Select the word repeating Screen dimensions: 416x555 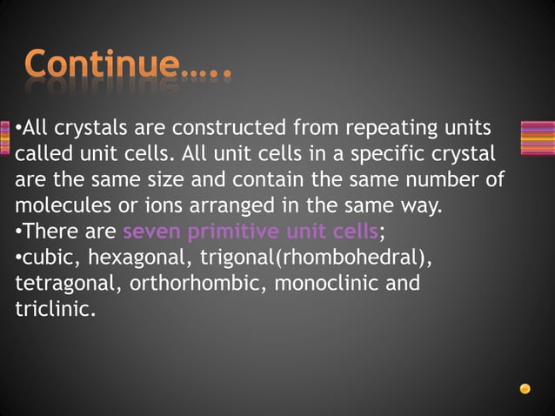tap(390, 128)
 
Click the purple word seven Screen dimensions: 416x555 tap(153, 232)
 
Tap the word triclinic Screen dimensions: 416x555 tap(51, 310)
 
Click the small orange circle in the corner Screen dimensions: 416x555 tap(525, 389)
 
